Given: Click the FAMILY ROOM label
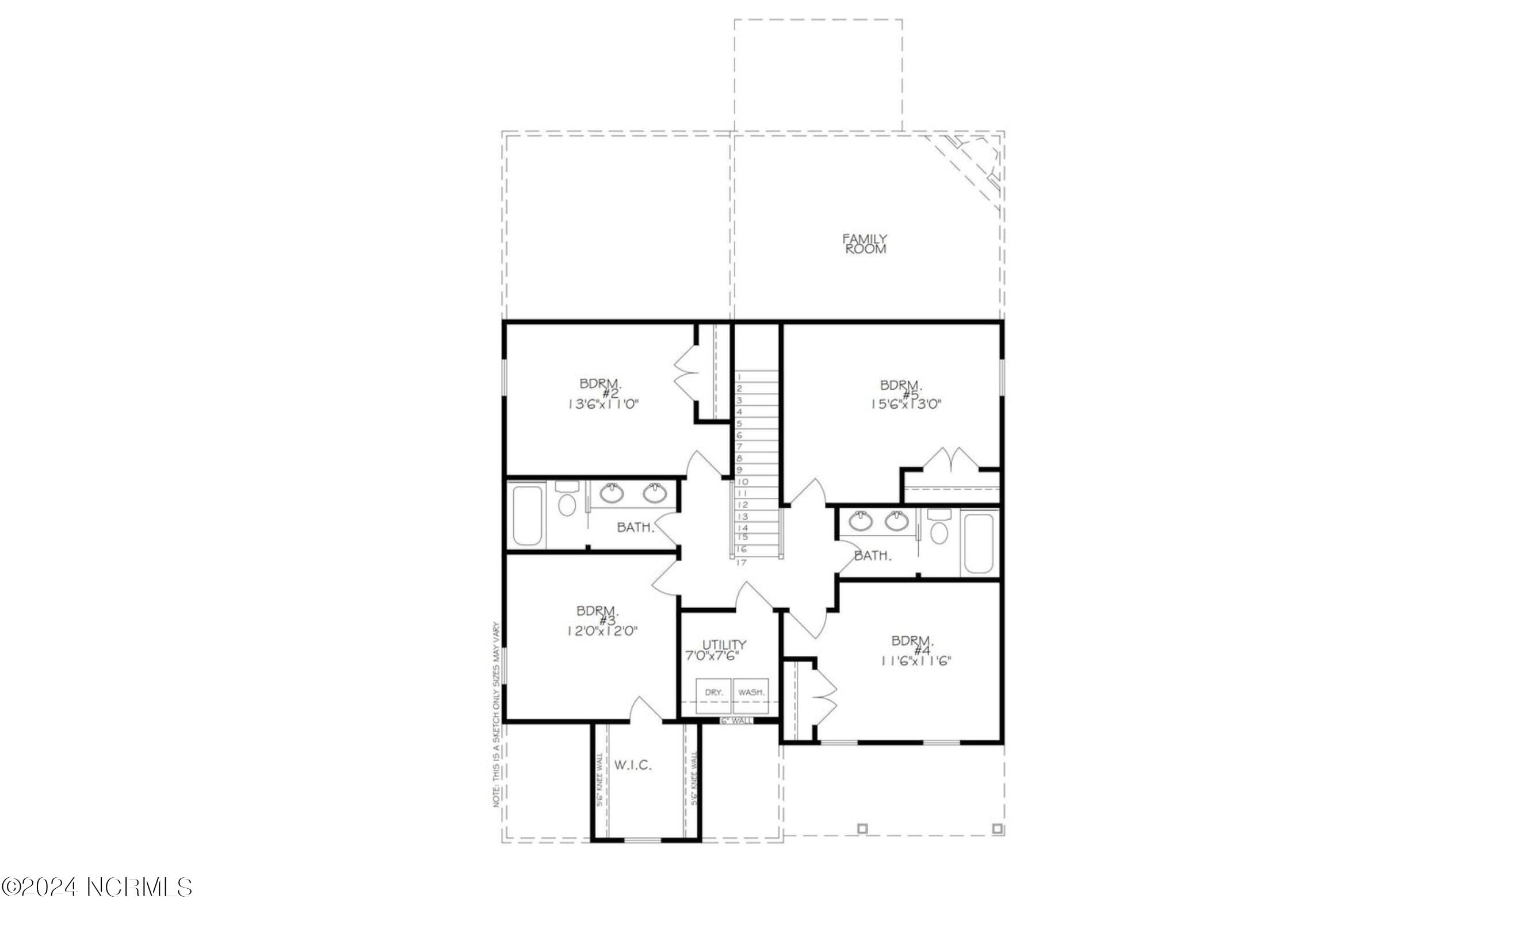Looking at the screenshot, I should click(865, 244).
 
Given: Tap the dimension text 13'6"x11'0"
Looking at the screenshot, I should click(603, 404).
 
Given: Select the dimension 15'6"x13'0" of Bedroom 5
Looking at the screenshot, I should click(905, 404).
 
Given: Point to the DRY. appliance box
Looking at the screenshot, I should click(713, 693).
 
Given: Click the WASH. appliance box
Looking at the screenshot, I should click(751, 693).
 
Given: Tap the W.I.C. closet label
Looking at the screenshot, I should click(633, 766).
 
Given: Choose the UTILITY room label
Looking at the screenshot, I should click(724, 644).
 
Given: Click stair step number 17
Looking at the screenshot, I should click(742, 562).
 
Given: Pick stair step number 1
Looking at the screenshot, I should click(740, 377).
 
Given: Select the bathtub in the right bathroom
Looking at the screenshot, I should click(979, 544).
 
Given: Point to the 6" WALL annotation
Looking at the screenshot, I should click(736, 721).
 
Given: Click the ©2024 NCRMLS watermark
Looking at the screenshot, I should click(97, 887).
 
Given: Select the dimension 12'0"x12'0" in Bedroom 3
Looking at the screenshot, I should click(602, 631).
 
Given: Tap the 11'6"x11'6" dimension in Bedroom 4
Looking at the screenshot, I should click(915, 661).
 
